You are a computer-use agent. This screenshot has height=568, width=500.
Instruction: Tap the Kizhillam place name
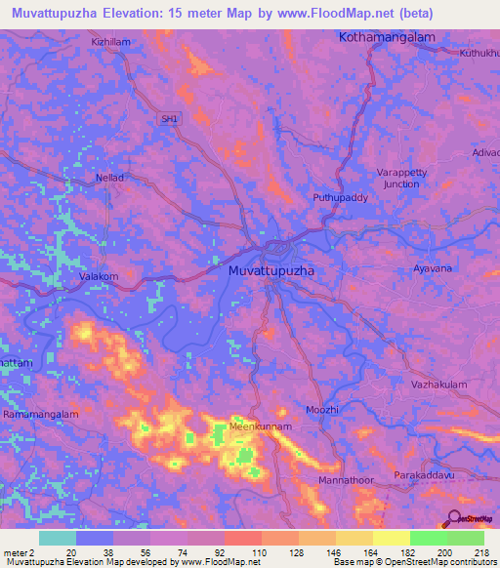click(111, 43)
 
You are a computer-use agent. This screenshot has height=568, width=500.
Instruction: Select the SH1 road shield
click(171, 119)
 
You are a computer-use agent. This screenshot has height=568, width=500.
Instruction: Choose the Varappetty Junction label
click(402, 178)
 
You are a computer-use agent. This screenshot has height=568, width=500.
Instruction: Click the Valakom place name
click(99, 277)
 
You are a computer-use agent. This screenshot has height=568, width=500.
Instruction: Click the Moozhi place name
click(321, 410)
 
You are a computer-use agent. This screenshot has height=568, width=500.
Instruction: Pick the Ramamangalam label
click(40, 414)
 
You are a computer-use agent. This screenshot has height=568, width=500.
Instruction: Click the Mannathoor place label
click(346, 481)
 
